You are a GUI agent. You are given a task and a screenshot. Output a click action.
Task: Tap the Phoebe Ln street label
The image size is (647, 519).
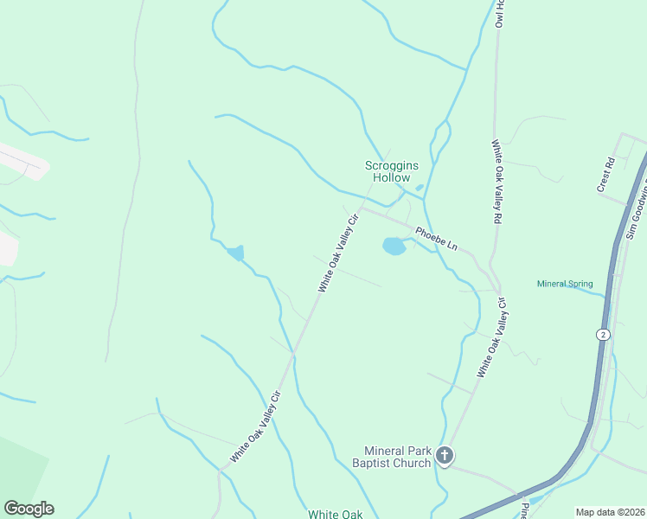(x=435, y=238)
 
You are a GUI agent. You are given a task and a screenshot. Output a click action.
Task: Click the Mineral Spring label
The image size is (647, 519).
(x=565, y=284)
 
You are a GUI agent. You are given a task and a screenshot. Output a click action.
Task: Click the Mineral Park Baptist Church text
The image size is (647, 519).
(x=397, y=457)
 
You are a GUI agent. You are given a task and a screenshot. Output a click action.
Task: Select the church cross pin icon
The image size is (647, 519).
(x=445, y=455)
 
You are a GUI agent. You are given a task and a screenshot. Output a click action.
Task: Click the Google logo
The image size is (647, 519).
(x=29, y=509)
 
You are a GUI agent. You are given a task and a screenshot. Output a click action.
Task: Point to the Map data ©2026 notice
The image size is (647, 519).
(x=609, y=512)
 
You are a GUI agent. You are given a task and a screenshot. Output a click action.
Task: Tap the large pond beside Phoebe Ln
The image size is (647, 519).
(x=394, y=247)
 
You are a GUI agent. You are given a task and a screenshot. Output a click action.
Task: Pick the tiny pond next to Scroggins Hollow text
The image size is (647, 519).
(x=420, y=187)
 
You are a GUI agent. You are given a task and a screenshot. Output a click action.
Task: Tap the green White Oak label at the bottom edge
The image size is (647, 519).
(x=336, y=514)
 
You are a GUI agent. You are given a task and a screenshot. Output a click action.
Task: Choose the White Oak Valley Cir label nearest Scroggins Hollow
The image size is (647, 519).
(x=338, y=255)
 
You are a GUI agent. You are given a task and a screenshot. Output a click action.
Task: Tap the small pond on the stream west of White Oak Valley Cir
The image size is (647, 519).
(x=235, y=253)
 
